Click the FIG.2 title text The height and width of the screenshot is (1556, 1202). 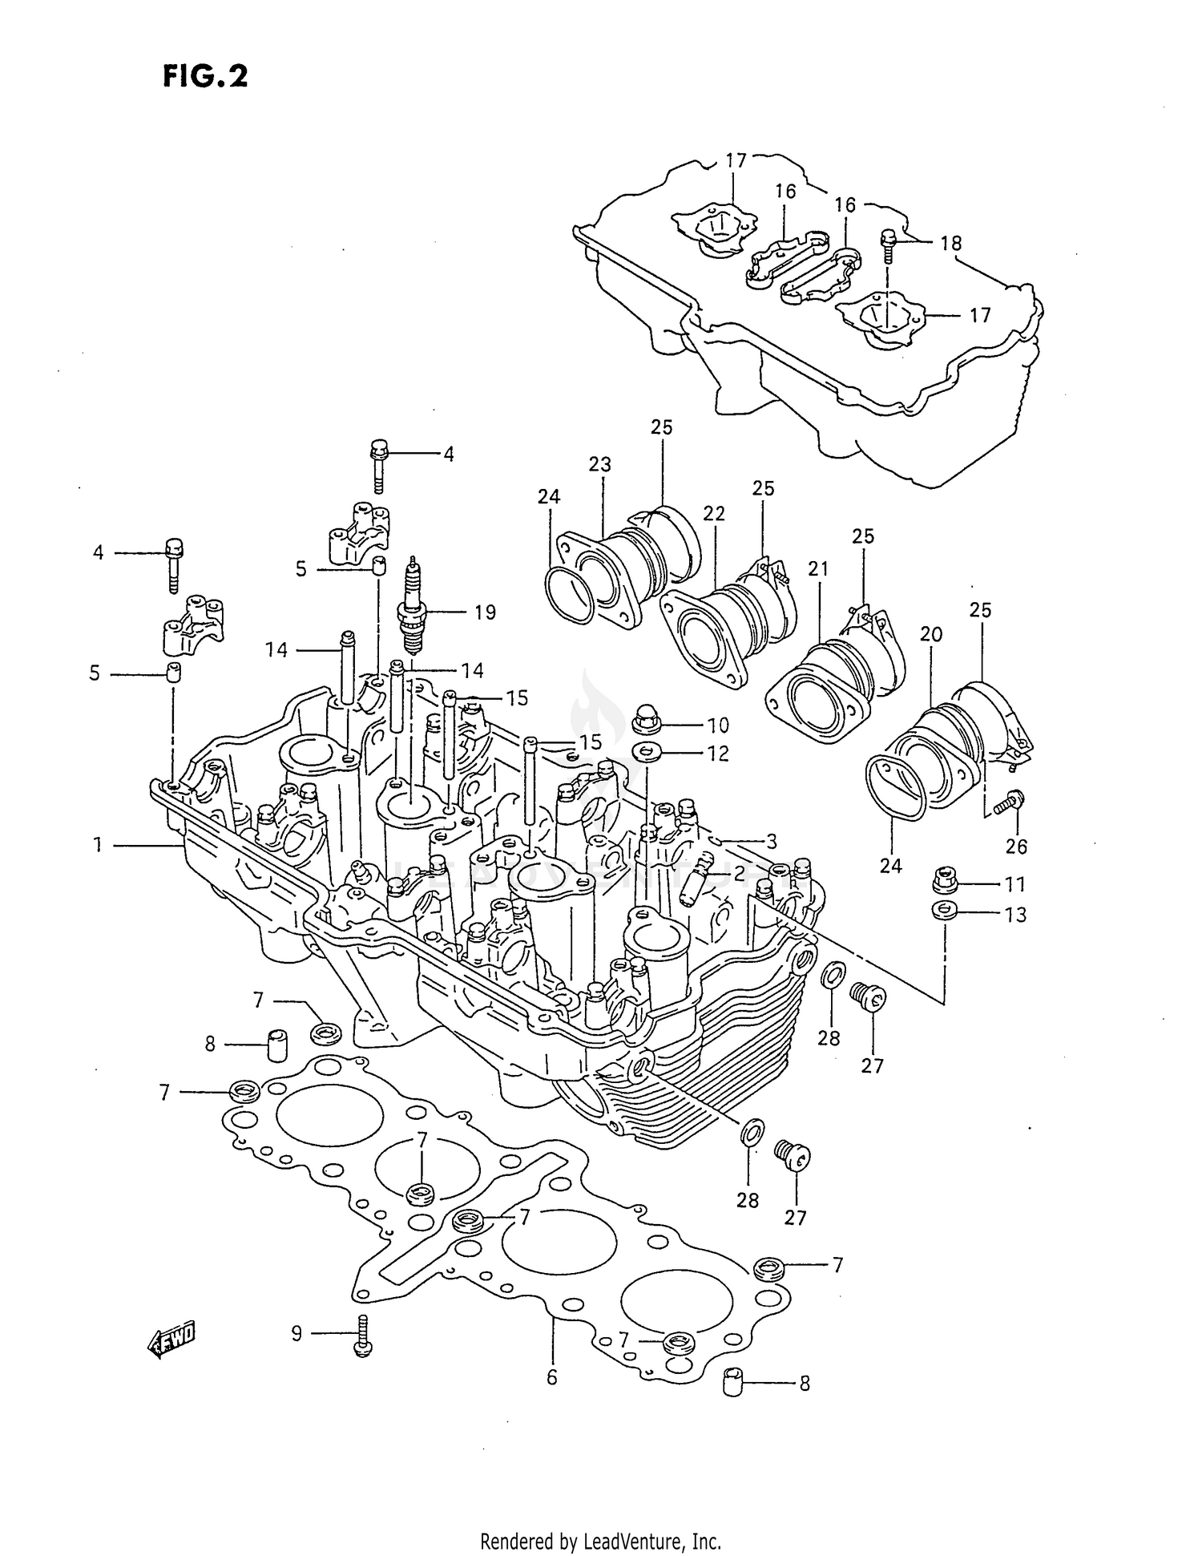coord(205,77)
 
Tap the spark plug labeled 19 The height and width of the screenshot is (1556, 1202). coord(413,609)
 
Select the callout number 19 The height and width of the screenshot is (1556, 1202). coord(485,612)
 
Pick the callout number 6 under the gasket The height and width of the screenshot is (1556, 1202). coord(551,1378)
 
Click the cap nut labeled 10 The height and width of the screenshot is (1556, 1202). coord(646,719)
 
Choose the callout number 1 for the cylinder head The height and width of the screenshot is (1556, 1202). coord(98,845)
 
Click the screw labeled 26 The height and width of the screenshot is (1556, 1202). coord(1010,802)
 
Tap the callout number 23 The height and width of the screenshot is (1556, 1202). coord(599,464)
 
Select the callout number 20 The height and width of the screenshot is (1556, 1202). coord(930,634)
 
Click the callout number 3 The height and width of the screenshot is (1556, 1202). coord(771,842)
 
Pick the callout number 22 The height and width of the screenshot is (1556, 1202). coord(713,513)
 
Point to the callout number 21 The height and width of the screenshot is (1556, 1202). coord(817,568)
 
